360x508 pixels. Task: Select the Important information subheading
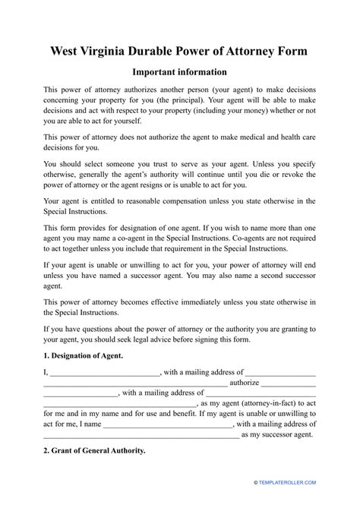pos(179,73)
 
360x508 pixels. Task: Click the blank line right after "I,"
pos(105,373)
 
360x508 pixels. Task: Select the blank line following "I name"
pos(168,425)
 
